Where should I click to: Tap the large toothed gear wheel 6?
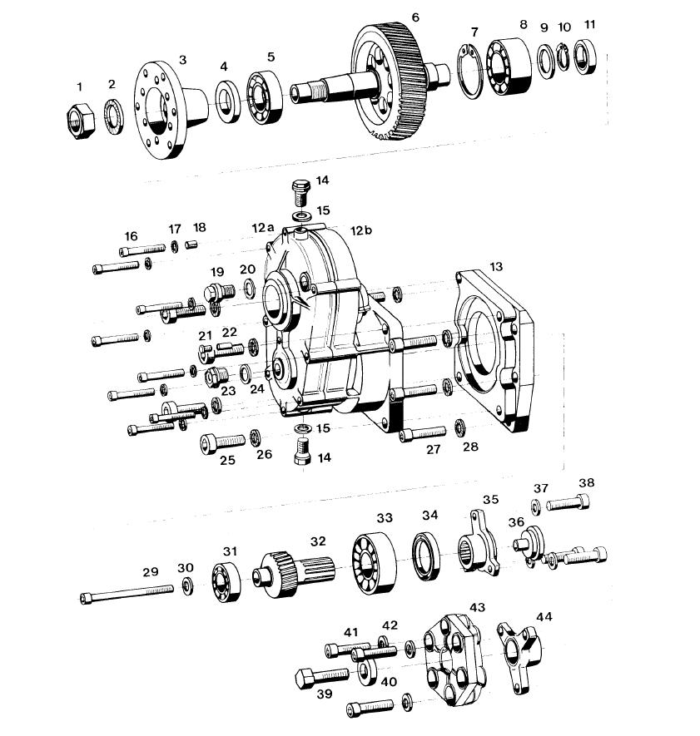click(392, 82)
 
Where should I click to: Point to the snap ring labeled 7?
click(469, 71)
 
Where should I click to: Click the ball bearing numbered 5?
click(265, 98)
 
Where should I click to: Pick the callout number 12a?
click(263, 228)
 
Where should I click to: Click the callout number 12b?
click(361, 230)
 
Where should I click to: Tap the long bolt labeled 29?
click(127, 594)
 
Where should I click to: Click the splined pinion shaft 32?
click(291, 573)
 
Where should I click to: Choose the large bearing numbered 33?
click(374, 563)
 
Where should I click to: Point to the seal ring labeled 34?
click(427, 556)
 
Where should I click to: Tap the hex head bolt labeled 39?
click(322, 677)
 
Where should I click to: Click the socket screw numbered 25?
click(222, 443)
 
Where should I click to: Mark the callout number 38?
click(586, 482)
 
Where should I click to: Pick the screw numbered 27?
click(423, 434)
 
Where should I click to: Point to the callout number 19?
click(217, 272)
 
